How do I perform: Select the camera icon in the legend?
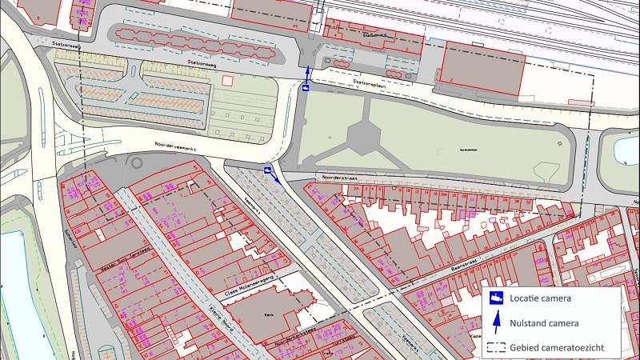[496, 298]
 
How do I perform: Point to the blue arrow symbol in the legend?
[496, 322]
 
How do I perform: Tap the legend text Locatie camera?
[543, 298]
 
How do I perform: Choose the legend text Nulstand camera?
[547, 322]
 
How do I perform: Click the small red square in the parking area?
[228, 81]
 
